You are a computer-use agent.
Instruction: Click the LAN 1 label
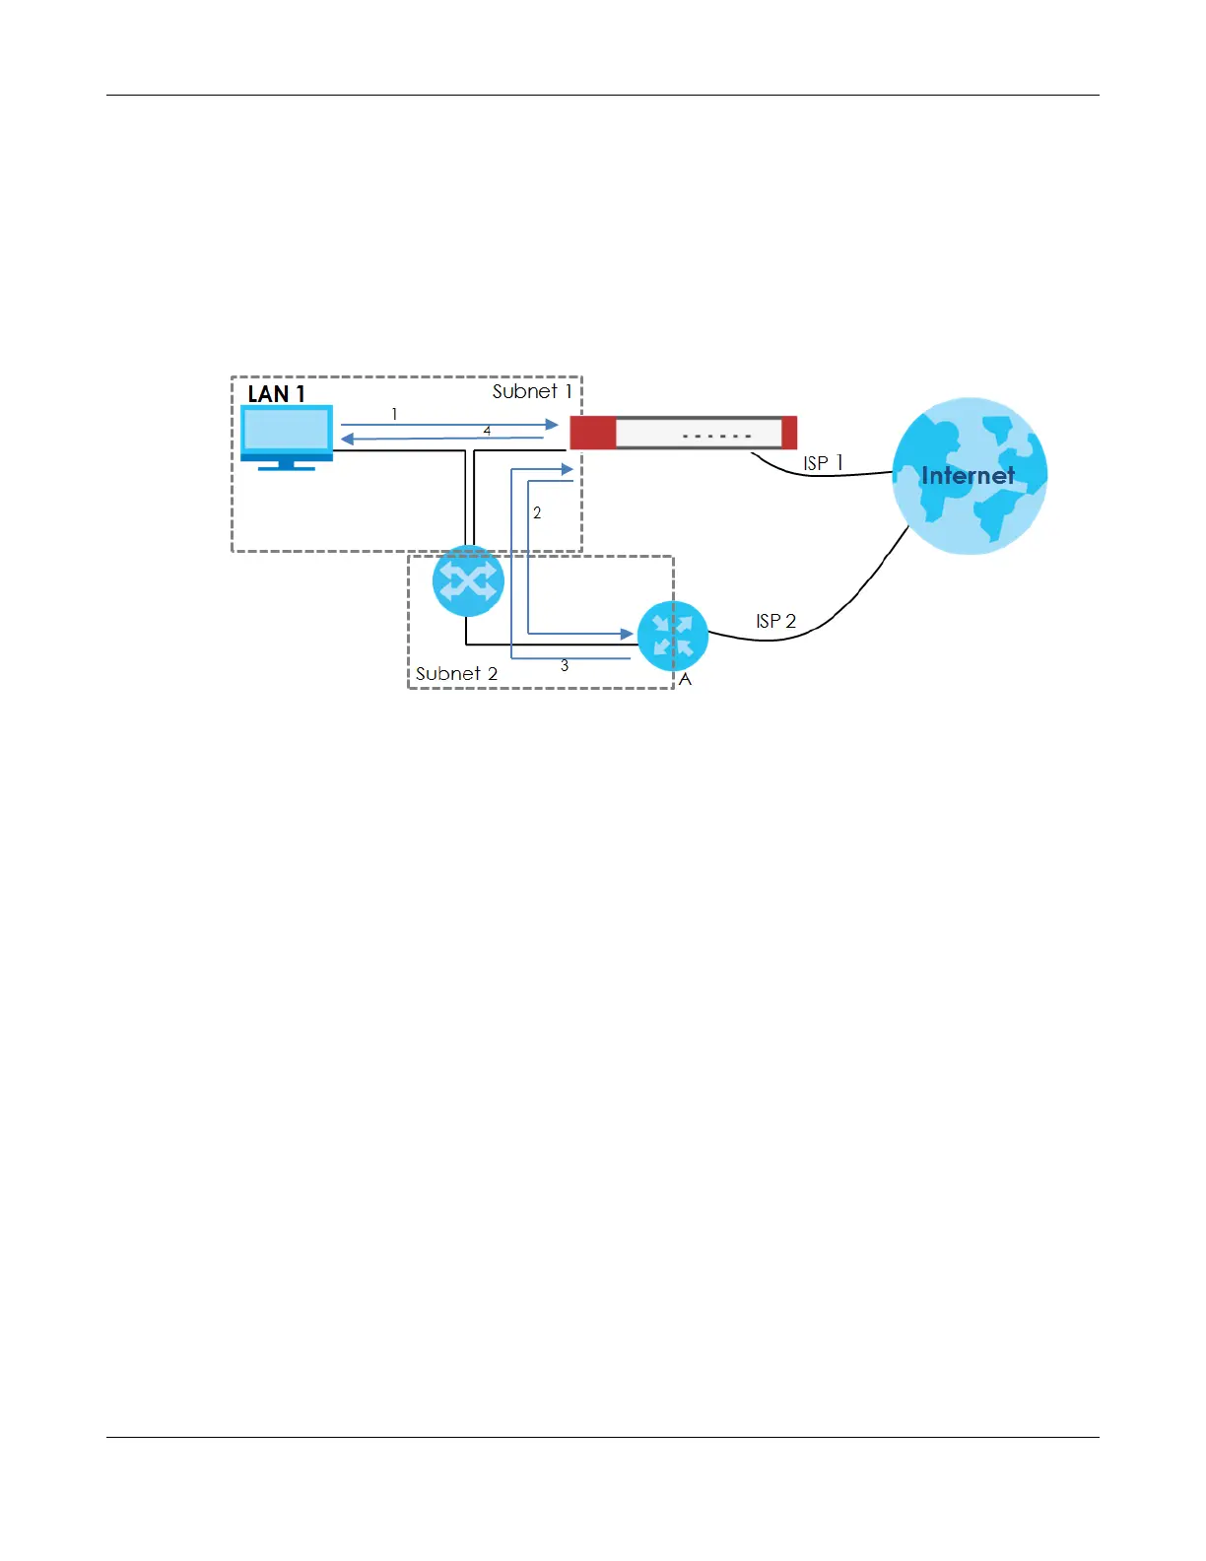click(x=276, y=393)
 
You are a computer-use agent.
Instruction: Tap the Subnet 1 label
click(x=532, y=391)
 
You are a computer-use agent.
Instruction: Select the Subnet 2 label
click(x=456, y=673)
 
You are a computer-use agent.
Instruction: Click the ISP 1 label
click(x=823, y=462)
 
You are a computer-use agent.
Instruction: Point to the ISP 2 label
click(x=775, y=621)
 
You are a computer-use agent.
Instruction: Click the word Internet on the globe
click(x=968, y=476)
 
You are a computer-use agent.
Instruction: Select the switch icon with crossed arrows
click(x=468, y=581)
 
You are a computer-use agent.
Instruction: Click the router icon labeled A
click(x=673, y=636)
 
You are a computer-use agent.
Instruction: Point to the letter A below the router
click(x=686, y=680)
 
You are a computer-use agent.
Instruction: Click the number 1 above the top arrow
click(x=394, y=414)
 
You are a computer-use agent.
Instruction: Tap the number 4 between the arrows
click(x=487, y=431)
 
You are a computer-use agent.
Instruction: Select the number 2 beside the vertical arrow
click(x=537, y=512)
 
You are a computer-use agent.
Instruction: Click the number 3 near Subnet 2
click(x=565, y=666)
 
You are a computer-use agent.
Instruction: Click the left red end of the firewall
click(x=592, y=433)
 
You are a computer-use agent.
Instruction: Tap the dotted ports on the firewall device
click(x=717, y=436)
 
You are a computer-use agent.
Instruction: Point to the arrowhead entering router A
click(x=627, y=634)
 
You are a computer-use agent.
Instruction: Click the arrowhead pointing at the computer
click(x=347, y=439)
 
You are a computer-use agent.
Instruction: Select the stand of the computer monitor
click(x=287, y=465)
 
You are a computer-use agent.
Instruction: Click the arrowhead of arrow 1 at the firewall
click(x=552, y=425)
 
